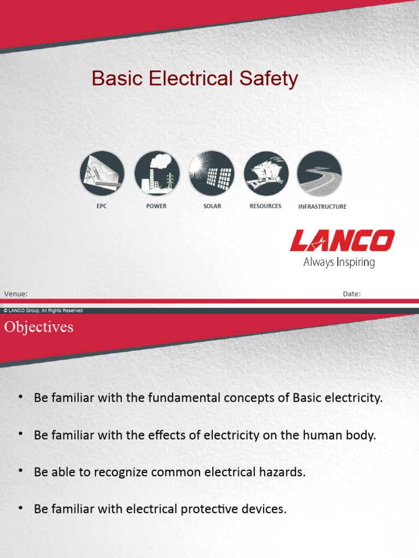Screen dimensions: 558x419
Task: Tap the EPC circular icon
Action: [x=102, y=173]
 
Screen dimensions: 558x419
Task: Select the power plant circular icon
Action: [x=157, y=173]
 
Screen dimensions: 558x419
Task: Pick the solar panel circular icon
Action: [x=211, y=173]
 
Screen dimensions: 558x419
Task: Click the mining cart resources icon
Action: [x=266, y=173]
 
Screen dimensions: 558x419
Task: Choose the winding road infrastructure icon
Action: [x=320, y=173]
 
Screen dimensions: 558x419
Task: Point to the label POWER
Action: [x=157, y=207]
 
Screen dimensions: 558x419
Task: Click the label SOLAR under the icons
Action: [x=212, y=207]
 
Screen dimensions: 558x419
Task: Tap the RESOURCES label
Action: [x=266, y=207]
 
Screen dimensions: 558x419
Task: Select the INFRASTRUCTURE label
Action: [x=322, y=207]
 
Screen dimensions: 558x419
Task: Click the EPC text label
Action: [x=102, y=207]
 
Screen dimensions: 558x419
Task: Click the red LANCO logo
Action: [x=342, y=241]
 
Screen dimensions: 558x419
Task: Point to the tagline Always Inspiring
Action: [x=339, y=262]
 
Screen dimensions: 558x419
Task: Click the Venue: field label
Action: [x=16, y=294]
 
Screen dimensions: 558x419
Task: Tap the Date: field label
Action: [x=351, y=294]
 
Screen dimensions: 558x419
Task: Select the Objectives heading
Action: [x=39, y=327]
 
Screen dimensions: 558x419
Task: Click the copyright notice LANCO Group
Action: [x=43, y=311]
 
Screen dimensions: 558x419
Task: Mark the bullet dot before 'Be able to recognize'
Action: [x=21, y=471]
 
